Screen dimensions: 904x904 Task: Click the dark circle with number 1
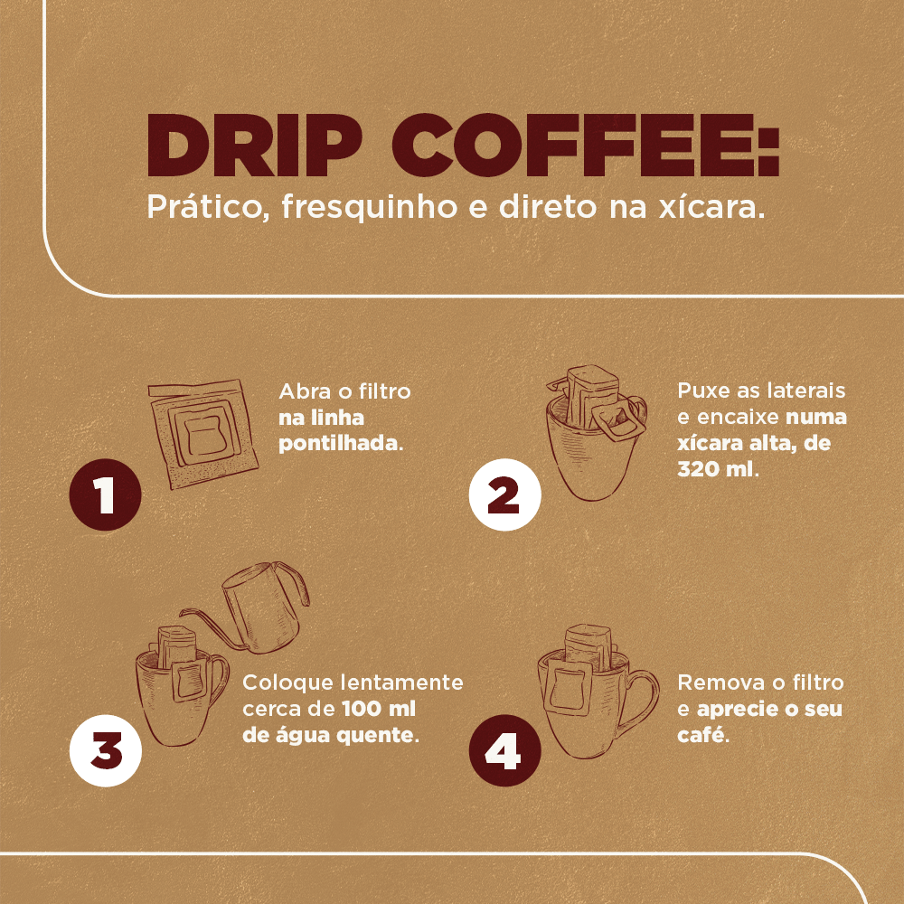106,495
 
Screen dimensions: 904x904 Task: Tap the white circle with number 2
504,495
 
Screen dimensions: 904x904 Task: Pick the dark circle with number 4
504,752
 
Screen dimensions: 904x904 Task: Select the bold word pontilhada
339,444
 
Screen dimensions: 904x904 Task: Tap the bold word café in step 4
702,734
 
